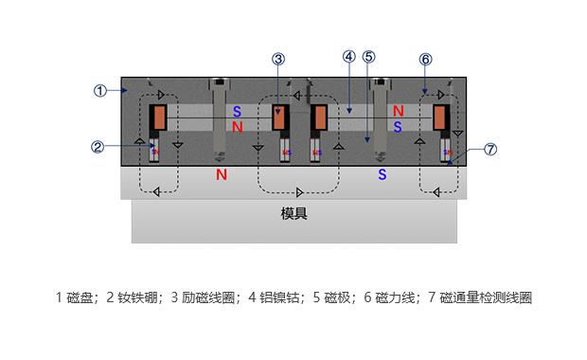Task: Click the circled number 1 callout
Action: coord(100,91)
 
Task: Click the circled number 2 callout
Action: coord(98,147)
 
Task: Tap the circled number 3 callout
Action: coord(277,59)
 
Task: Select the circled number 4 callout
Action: coord(348,57)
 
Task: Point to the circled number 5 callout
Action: coord(368,57)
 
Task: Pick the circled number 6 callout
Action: coord(425,59)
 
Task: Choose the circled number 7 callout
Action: coord(489,150)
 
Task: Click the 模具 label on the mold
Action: coord(294,214)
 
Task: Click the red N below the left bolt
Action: coord(221,175)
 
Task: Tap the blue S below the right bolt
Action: coord(382,175)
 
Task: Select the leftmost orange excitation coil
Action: coord(159,117)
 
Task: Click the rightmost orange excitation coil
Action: coord(441,117)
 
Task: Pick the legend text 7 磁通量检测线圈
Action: coord(480,297)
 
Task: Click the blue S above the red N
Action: coord(238,112)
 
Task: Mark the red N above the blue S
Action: coord(399,112)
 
